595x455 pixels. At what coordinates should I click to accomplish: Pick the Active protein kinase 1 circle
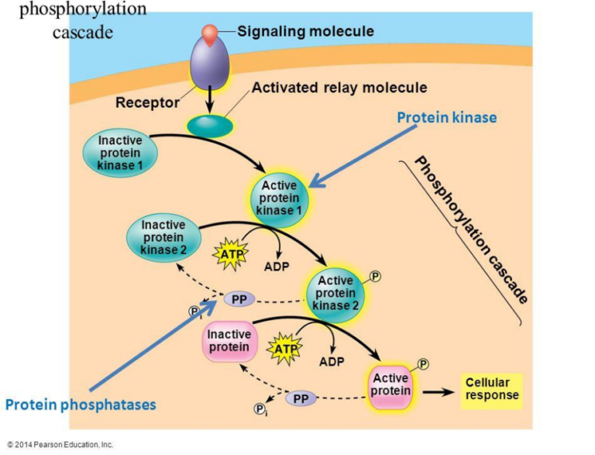(280, 198)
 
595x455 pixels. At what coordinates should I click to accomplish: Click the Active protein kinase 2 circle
(335, 293)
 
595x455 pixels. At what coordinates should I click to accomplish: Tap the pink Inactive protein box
(229, 341)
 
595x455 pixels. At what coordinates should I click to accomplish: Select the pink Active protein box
(390, 385)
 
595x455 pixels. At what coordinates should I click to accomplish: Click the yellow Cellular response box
(492, 390)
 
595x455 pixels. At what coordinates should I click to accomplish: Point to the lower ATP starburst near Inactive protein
(285, 350)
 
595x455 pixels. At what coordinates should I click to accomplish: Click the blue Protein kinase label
(446, 118)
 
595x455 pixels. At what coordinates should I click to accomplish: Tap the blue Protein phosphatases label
(81, 405)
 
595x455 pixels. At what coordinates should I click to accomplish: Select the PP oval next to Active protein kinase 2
(239, 298)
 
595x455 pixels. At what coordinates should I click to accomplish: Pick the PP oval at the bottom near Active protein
(301, 398)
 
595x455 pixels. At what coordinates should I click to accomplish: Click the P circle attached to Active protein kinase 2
(376, 277)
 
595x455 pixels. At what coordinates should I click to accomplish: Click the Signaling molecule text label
(305, 32)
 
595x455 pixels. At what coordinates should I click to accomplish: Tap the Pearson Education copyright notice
(60, 445)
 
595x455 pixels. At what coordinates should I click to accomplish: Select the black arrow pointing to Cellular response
(438, 391)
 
